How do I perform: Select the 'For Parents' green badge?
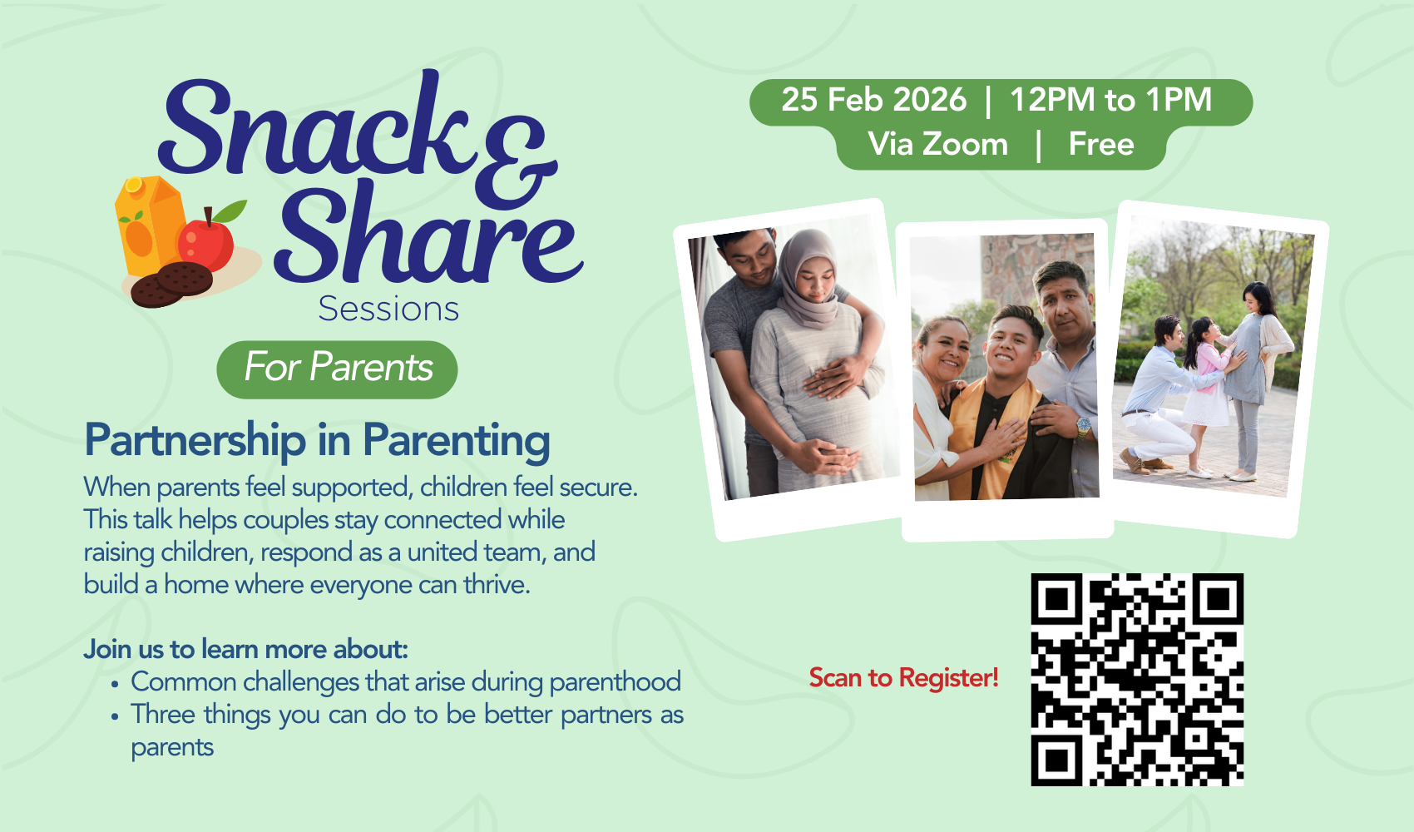tap(337, 369)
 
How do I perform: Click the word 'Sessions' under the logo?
tap(388, 310)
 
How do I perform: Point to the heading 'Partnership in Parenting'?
tap(318, 441)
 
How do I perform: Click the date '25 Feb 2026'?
tap(873, 100)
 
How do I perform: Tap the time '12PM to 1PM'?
tap(1111, 100)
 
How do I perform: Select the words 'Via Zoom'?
tap(938, 145)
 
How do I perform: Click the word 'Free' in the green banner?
tap(1101, 145)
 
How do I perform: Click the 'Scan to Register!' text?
tap(904, 678)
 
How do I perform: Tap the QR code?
tap(1138, 680)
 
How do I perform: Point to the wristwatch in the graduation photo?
tap(1083, 428)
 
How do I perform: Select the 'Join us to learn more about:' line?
tap(246, 650)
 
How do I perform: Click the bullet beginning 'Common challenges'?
tap(406, 682)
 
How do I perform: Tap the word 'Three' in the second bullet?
tap(163, 715)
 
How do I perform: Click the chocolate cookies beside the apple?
tap(171, 285)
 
